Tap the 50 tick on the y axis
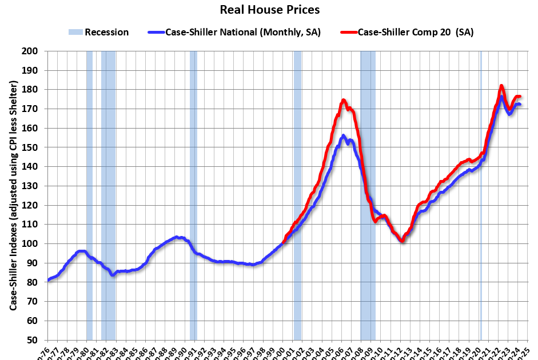(x=33, y=341)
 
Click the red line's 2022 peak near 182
(x=501, y=86)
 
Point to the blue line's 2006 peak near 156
(x=343, y=136)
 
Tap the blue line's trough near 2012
(x=402, y=241)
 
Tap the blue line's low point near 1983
(x=113, y=275)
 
